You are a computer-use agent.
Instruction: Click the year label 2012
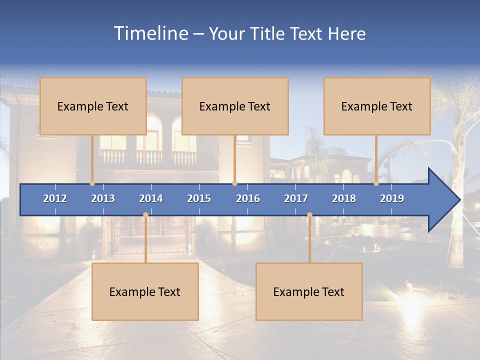55,198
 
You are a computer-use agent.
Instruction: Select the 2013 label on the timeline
103,198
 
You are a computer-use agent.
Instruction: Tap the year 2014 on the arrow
151,198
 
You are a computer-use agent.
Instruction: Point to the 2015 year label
199,198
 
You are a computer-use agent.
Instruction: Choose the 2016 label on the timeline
248,198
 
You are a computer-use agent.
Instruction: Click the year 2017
296,198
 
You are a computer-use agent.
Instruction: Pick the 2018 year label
344,198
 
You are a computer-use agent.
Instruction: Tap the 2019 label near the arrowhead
392,198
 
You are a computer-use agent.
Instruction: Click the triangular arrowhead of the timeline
442,199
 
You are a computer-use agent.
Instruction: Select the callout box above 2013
93,106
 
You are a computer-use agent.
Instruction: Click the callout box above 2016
235,106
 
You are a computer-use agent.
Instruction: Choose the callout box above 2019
377,106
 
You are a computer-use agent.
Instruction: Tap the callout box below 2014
145,291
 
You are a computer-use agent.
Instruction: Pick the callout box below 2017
309,291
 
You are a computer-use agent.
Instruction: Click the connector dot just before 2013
92,183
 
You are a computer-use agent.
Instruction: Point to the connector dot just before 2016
235,183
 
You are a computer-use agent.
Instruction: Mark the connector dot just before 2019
376,183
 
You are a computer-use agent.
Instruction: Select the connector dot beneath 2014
146,215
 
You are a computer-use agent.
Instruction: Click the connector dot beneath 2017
310,215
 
